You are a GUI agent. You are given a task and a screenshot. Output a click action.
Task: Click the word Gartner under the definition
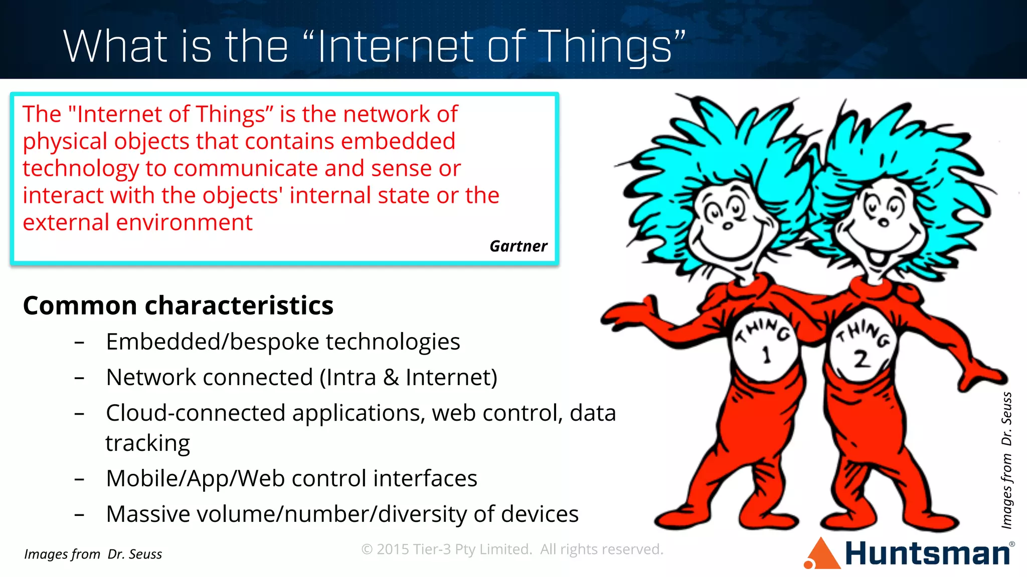[518, 246]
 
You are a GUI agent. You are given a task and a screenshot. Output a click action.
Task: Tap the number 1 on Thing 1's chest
[766, 355]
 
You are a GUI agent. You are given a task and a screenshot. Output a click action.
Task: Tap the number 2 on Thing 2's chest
[862, 359]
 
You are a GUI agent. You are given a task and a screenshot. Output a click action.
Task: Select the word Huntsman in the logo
[927, 554]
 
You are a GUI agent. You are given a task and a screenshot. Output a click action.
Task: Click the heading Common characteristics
[178, 306]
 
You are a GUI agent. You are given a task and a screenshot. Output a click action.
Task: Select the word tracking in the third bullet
[147, 443]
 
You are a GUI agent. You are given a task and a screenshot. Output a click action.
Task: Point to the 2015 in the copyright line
[393, 549]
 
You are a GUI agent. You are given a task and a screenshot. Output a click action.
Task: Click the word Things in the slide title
[606, 47]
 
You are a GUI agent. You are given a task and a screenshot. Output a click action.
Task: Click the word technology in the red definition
[80, 169]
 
